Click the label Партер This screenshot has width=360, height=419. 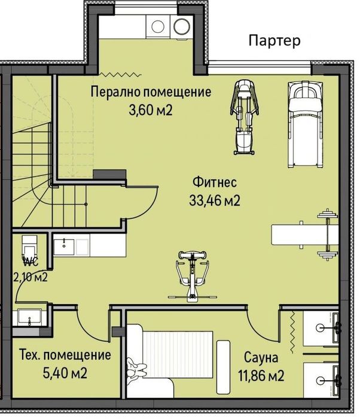pyautogui.click(x=274, y=41)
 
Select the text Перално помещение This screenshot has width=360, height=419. pyautogui.click(x=151, y=92)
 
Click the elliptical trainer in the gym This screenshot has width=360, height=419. pyautogui.click(x=243, y=116)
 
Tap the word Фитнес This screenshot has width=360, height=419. pyautogui.click(x=215, y=182)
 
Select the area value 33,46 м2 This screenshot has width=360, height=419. pyautogui.click(x=215, y=201)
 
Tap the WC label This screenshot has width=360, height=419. pyautogui.click(x=31, y=262)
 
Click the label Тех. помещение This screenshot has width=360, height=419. pyautogui.click(x=65, y=355)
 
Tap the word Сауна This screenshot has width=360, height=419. pyautogui.click(x=261, y=358)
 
